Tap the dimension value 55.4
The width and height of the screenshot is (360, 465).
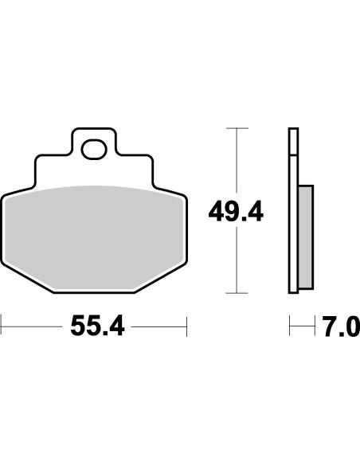98,326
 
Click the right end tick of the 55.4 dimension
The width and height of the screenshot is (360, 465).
186,326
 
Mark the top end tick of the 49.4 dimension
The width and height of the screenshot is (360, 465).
236,127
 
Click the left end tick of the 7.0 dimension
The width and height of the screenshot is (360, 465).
290,326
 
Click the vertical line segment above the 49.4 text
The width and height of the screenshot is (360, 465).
236,159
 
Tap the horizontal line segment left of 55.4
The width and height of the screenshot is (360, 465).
32,326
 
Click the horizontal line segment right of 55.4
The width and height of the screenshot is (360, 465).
159,326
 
